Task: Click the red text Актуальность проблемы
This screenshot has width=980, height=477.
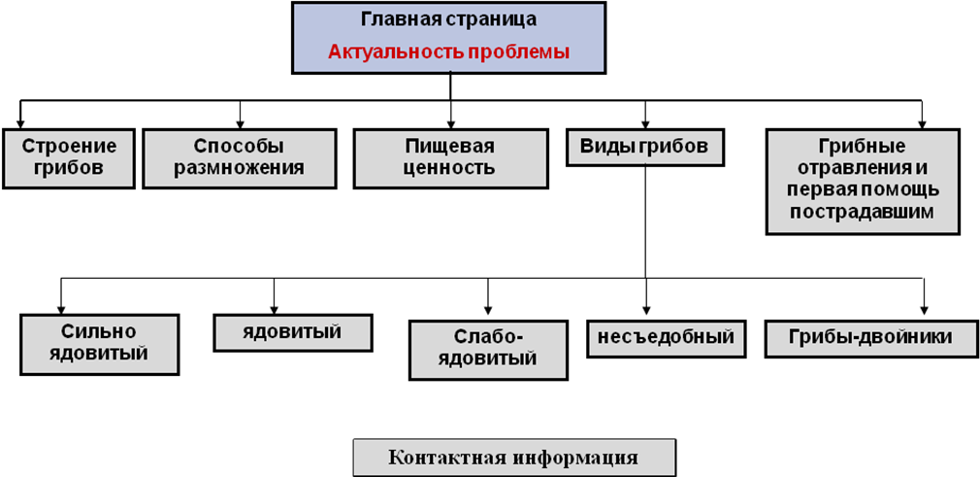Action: click(x=448, y=51)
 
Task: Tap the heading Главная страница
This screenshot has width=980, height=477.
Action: click(x=448, y=19)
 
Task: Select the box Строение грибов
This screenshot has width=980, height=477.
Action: click(x=69, y=158)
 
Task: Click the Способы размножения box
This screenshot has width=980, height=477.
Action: click(x=239, y=158)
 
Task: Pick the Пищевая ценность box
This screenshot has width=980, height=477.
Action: click(x=449, y=158)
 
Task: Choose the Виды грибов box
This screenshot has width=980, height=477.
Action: click(x=645, y=147)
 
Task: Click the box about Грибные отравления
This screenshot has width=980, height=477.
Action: click(x=862, y=181)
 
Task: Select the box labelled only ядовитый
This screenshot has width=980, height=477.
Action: click(x=292, y=332)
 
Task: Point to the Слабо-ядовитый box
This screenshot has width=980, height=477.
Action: click(x=488, y=349)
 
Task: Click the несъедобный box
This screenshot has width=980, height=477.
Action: click(x=666, y=338)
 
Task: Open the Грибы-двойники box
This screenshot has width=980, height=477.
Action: click(x=869, y=337)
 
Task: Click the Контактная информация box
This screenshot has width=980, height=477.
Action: click(x=513, y=458)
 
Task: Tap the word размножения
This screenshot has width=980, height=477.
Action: click(x=239, y=167)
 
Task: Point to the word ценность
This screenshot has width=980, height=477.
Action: click(x=449, y=167)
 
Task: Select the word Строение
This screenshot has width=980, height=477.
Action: click(x=69, y=147)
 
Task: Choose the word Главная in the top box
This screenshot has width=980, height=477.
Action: click(x=397, y=19)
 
